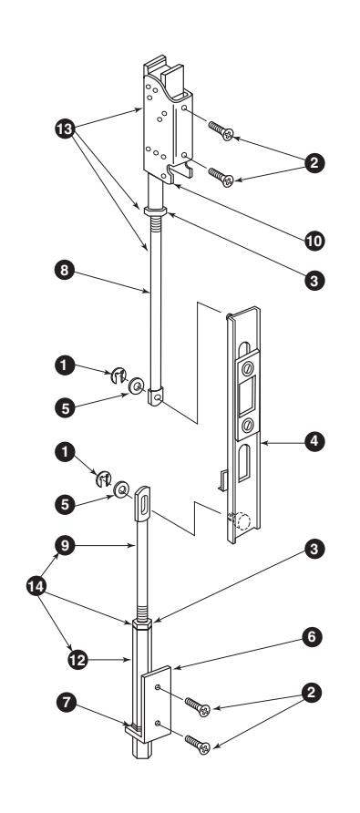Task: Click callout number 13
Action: [x=66, y=129]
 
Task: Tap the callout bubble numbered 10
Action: [x=314, y=241]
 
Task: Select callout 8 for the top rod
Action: [x=65, y=271]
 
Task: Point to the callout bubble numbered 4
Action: [x=314, y=442]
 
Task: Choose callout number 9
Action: [x=65, y=545]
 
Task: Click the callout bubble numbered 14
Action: [x=36, y=586]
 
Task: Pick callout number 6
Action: [x=311, y=637]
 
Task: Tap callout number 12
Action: [x=77, y=660]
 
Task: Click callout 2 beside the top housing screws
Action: [x=314, y=164]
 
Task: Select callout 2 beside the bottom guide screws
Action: [x=311, y=693]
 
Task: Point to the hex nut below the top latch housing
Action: [x=155, y=211]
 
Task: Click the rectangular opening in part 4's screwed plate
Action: [x=246, y=396]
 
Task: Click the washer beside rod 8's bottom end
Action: [x=137, y=386]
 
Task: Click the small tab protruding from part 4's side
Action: [x=222, y=480]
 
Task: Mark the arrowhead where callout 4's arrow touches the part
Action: [x=263, y=443]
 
